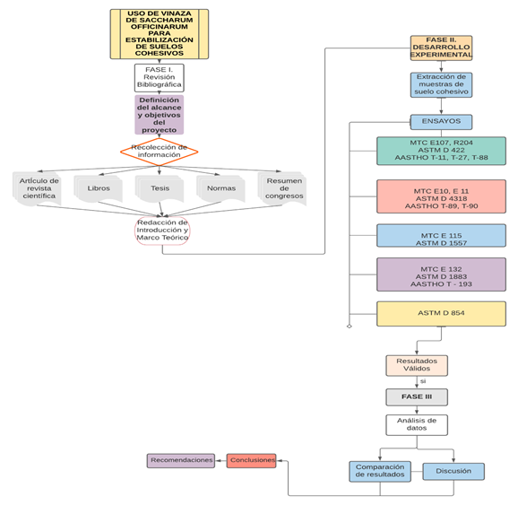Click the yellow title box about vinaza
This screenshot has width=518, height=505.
pyautogui.click(x=160, y=34)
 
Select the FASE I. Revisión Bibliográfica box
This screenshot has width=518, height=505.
pyautogui.click(x=160, y=78)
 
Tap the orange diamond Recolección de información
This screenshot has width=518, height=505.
pyautogui.click(x=160, y=152)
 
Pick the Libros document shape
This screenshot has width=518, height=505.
pyautogui.click(x=98, y=188)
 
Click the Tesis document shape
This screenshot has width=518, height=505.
pyautogui.click(x=160, y=188)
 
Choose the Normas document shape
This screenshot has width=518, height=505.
pyautogui.click(x=221, y=188)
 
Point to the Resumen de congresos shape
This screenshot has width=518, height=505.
pyautogui.click(x=282, y=189)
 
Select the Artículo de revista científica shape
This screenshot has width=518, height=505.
pyautogui.click(x=37, y=189)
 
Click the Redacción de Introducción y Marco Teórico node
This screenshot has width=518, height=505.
pyautogui.click(x=162, y=231)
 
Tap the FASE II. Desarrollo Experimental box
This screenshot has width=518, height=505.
pyautogui.click(x=441, y=48)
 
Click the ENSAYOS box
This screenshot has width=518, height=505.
pyautogui.click(x=441, y=122)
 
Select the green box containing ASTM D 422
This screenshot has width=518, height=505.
pyautogui.click(x=441, y=151)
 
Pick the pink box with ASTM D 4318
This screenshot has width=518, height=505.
pyautogui.click(x=441, y=196)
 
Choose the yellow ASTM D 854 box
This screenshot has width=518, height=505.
pyautogui.click(x=441, y=314)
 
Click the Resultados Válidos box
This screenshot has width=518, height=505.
pyautogui.click(x=417, y=365)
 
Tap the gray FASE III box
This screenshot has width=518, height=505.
pyautogui.click(x=417, y=396)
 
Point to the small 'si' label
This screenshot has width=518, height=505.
pyautogui.click(x=423, y=381)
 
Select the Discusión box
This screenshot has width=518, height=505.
pyautogui.click(x=453, y=471)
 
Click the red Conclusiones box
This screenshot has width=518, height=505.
pyautogui.click(x=251, y=461)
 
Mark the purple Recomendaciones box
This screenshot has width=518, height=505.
pyautogui.click(x=181, y=461)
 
